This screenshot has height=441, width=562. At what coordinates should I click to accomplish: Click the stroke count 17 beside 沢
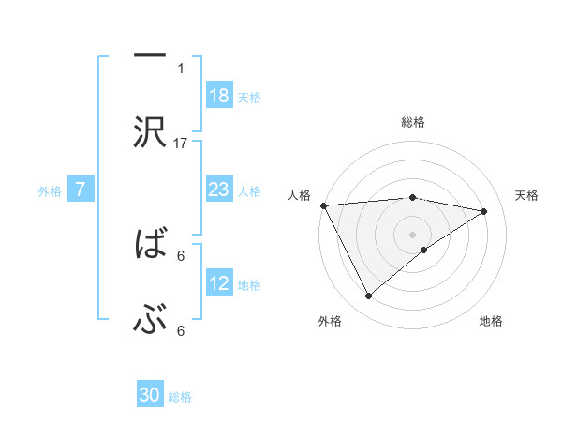(x=181, y=143)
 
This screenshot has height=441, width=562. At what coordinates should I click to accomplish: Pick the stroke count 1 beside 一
(x=181, y=68)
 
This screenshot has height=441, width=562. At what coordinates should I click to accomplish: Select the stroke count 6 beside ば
(x=181, y=254)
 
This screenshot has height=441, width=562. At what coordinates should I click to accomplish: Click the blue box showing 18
(x=219, y=96)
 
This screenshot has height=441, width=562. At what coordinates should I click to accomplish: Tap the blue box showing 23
(x=219, y=190)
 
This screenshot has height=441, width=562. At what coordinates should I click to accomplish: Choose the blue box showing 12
(x=219, y=284)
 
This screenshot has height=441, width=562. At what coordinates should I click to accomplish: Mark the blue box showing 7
(x=81, y=190)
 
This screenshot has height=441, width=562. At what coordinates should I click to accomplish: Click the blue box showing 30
(x=150, y=395)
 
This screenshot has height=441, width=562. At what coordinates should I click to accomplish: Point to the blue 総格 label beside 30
(x=180, y=397)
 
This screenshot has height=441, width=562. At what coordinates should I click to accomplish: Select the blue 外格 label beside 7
(x=50, y=191)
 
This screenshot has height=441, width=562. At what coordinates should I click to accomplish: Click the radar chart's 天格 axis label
(x=527, y=195)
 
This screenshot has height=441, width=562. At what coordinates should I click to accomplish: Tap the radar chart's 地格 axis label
(x=491, y=321)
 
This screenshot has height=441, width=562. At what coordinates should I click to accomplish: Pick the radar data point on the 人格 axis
(x=323, y=205)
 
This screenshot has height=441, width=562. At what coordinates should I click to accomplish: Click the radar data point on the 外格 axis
(x=368, y=297)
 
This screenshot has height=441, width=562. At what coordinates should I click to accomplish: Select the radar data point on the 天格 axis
(x=484, y=211)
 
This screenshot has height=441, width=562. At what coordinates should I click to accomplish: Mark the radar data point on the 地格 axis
(x=424, y=250)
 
